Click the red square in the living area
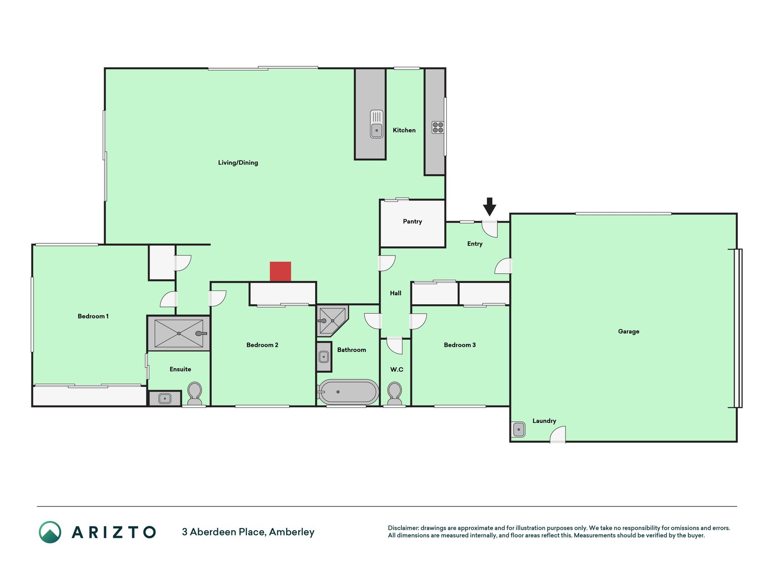coord(280,271)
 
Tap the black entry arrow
coord(489,206)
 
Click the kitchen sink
coord(376,124)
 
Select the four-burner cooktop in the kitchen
coord(438,127)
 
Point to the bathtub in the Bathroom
coord(348,391)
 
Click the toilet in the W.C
coord(395,393)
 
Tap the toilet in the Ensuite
coord(195,393)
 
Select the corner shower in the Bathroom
coord(332,320)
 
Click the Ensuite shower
coord(179,333)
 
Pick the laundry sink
coord(518,429)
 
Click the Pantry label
coord(412,221)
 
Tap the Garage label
coord(629,331)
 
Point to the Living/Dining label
coord(238,163)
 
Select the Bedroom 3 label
coord(460,345)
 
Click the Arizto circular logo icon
coord(50,532)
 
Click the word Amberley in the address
coord(291,532)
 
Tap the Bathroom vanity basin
coord(324,356)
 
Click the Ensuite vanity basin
coord(165,399)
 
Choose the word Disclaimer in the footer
coord(403,528)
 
